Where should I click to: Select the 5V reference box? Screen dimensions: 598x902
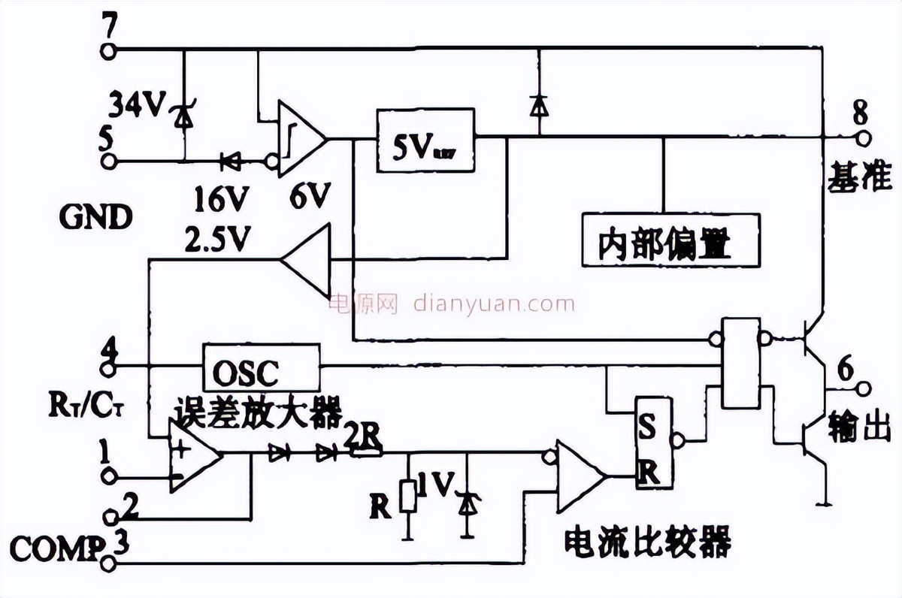(425, 140)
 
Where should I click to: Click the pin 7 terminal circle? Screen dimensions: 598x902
(110, 50)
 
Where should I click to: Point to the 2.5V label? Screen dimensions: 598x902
(216, 240)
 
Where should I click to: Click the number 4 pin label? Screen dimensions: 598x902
(110, 349)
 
